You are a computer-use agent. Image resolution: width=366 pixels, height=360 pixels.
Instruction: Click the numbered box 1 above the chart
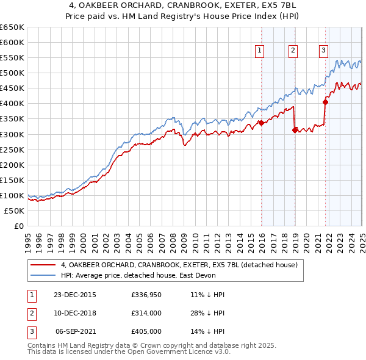click(260, 51)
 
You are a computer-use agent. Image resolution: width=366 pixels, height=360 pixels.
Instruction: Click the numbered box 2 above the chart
click(293, 51)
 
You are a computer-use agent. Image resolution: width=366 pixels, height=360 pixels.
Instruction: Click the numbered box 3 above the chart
click(323, 51)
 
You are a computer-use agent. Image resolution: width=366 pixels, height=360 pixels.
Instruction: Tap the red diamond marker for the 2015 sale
click(261, 123)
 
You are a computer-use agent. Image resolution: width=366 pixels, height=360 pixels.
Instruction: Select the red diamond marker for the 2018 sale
click(295, 129)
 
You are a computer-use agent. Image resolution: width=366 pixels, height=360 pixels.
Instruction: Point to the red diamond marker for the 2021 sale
click(325, 102)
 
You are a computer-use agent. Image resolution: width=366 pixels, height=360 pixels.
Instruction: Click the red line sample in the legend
click(43, 265)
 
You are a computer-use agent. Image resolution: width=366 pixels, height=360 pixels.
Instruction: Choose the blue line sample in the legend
click(43, 275)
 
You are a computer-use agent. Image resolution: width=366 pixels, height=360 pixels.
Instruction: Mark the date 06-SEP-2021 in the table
click(75, 331)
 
